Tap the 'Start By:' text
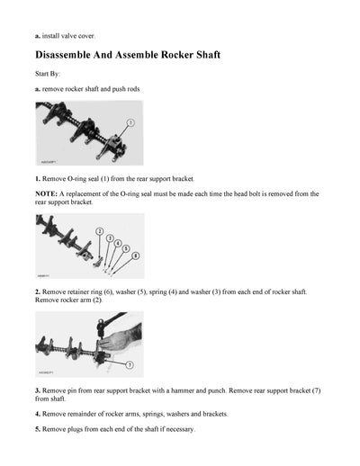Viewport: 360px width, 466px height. coord(50,75)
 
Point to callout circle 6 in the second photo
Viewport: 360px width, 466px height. coord(136,256)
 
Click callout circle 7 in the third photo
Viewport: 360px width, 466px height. coord(129,365)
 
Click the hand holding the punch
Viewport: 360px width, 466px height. coord(121,339)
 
